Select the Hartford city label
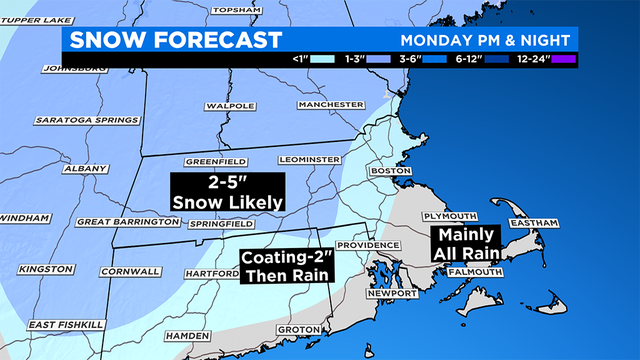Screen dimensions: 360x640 point(207,272)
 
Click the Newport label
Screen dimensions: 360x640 point(392,293)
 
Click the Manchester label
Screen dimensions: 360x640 point(332,104)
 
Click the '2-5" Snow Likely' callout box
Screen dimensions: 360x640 point(227,191)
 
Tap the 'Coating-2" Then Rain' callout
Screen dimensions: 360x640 point(287,265)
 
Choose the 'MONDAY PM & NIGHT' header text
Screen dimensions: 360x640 point(486,41)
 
